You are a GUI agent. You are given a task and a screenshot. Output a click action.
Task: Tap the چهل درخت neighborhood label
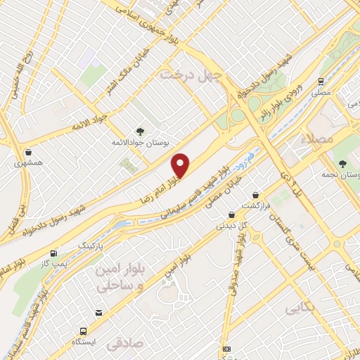click(x=191, y=73)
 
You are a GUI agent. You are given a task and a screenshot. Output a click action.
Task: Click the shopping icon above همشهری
click(x=27, y=152)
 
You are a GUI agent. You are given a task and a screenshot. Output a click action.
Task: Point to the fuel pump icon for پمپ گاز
click(x=53, y=252)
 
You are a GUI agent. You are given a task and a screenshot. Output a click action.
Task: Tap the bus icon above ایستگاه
click(x=84, y=330)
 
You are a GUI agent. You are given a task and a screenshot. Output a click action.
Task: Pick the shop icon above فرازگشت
click(x=255, y=194)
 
